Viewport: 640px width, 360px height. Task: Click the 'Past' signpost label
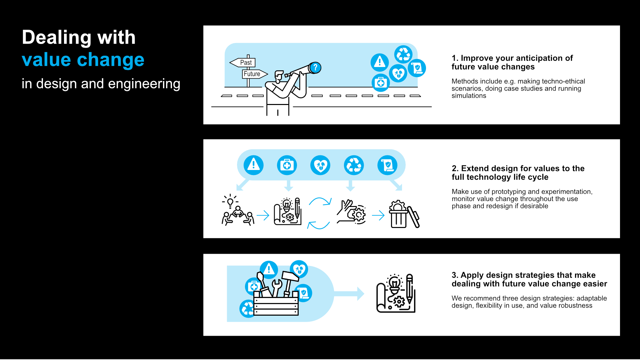pos(246,63)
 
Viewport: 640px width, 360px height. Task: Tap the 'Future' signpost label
pos(252,74)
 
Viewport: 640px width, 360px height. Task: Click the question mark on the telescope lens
pos(315,68)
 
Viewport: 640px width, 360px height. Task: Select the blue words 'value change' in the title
pos(83,60)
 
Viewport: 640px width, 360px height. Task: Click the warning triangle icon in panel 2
pos(254,165)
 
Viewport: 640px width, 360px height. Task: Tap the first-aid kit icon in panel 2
pos(287,165)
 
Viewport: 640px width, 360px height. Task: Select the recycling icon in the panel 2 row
pos(354,165)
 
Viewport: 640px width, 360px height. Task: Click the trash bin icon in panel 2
pos(399,215)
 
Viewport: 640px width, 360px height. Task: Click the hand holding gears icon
pos(351,212)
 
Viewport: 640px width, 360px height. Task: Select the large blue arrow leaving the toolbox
pos(349,294)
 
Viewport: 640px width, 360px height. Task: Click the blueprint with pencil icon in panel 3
pos(396,294)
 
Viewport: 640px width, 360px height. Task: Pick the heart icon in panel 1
pos(398,73)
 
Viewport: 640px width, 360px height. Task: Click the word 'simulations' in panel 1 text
pos(469,96)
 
